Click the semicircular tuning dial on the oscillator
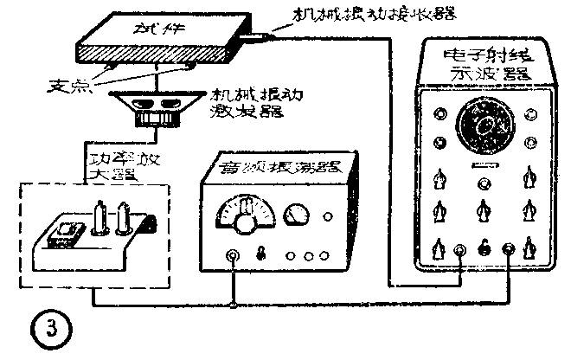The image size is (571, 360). point(246,213)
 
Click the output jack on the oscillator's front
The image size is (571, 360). point(233,256)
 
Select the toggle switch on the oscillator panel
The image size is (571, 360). point(260,256)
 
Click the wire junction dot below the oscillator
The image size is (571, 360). point(233,304)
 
